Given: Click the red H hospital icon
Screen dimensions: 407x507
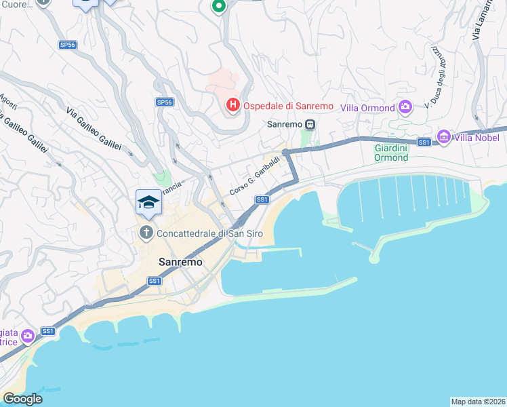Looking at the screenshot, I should click(232, 105).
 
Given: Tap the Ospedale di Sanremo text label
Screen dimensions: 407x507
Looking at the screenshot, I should click(287, 106).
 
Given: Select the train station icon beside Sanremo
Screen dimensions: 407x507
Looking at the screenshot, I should click(310, 125).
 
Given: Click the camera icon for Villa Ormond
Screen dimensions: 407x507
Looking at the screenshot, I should click(405, 107).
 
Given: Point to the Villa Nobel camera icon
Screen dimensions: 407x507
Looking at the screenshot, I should click(444, 138).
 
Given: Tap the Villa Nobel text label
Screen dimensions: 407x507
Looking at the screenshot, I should click(477, 138).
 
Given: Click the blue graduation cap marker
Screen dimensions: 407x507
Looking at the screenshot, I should click(148, 202).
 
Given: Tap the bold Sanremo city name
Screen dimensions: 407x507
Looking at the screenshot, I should click(180, 262).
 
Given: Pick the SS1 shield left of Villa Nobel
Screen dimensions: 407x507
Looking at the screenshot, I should click(424, 142).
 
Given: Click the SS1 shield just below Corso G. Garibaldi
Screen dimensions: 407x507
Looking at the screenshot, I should click(263, 199).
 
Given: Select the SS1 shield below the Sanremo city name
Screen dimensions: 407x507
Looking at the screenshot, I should click(155, 280).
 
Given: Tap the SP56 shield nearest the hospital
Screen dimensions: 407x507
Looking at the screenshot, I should click(165, 102).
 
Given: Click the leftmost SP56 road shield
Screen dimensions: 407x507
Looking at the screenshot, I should click(67, 45).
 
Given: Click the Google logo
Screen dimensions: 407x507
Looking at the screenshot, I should click(22, 399).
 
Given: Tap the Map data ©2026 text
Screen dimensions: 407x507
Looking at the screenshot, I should click(478, 401).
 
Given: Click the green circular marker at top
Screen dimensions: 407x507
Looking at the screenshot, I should click(218, 7).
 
